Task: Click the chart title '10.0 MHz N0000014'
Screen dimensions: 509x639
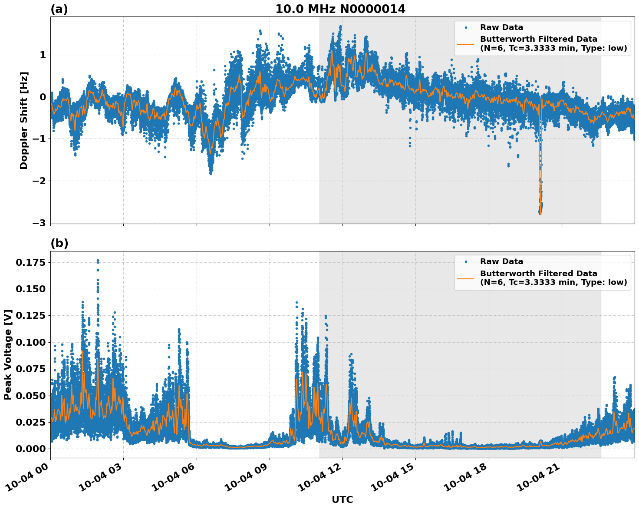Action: click(340, 9)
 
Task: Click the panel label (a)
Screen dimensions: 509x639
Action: click(59, 9)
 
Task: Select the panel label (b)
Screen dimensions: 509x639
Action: click(59, 243)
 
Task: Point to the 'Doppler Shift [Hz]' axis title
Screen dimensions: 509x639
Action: click(24, 120)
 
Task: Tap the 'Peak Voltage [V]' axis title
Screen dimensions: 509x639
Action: click(8, 354)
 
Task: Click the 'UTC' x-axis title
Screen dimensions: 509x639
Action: click(342, 499)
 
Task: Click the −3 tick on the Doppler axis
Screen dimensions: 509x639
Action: click(39, 223)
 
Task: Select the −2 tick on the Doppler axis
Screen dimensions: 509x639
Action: click(39, 181)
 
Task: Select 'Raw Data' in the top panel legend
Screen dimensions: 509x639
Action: click(501, 27)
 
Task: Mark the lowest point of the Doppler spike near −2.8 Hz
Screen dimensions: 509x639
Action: click(540, 213)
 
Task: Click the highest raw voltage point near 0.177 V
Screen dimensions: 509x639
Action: click(98, 261)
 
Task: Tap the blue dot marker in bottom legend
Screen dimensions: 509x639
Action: click(465, 262)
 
